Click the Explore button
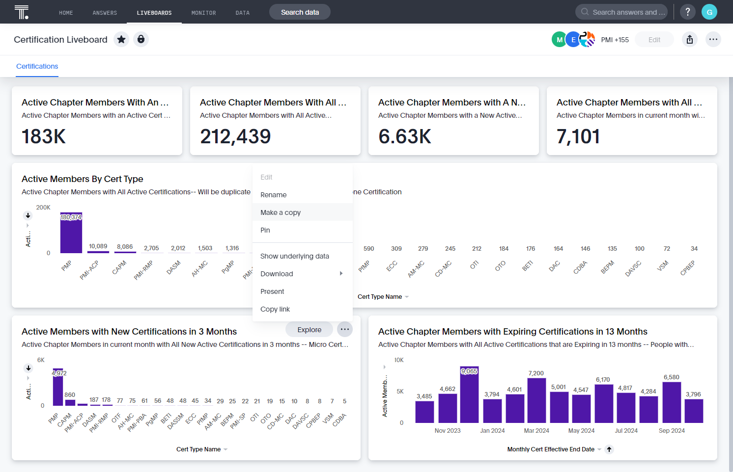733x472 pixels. point(309,330)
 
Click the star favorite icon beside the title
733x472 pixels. point(121,40)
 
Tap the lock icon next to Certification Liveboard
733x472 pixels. point(141,40)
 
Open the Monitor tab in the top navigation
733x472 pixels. point(203,13)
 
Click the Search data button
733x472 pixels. point(300,12)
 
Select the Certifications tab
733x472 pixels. point(37,66)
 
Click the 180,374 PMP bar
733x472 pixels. point(71,233)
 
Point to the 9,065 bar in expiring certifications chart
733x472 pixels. point(469,394)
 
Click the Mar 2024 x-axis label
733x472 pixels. point(536,431)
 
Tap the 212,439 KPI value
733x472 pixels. point(235,136)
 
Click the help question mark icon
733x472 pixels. point(687,12)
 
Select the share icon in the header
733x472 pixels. point(690,40)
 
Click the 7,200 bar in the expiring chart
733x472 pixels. point(536,400)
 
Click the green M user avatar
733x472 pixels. point(559,40)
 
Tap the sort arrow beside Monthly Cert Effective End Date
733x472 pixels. point(609,449)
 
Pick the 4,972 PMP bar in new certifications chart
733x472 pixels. point(58,387)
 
